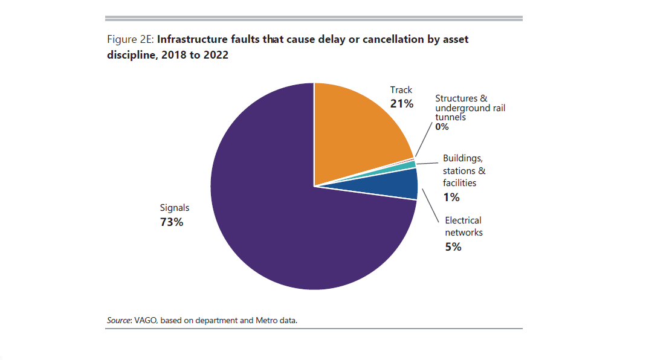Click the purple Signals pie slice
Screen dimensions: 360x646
(272, 217)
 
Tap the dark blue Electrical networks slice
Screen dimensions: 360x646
(402, 184)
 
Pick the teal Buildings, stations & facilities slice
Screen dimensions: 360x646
(412, 165)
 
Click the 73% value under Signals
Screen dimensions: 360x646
(171, 222)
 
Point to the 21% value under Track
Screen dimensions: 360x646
(402, 104)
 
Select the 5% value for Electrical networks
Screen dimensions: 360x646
(453, 246)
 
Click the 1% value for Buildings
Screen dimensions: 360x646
(451, 197)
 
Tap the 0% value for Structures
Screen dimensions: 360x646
(442, 127)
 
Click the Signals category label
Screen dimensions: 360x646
(174, 208)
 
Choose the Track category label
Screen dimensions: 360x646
(401, 90)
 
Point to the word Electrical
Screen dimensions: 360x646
(463, 220)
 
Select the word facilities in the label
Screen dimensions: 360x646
(459, 182)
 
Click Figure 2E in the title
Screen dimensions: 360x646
(131, 40)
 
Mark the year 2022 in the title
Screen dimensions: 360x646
(216, 55)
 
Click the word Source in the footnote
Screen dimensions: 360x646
(119, 320)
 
